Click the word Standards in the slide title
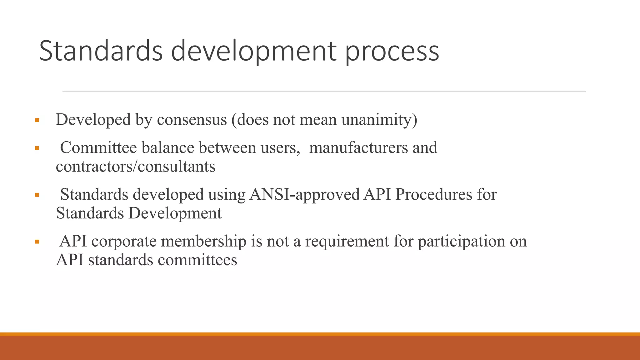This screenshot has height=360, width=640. tap(101, 51)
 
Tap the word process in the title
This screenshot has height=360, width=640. tap(392, 52)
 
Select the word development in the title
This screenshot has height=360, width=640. tap(253, 52)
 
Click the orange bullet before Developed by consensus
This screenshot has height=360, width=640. tap(37, 120)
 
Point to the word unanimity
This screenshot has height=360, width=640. tap(379, 120)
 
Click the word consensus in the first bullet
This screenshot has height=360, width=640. tap(192, 120)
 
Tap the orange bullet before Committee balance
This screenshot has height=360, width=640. tap(37, 148)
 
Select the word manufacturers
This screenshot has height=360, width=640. tap(358, 147)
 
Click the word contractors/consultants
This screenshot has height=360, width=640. tap(135, 166)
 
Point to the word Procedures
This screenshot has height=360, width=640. tap(433, 194)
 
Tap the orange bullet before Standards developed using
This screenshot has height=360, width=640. tap(37, 195)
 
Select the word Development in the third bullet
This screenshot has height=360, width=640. tap(175, 213)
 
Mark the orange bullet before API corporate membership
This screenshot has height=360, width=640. tap(37, 242)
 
